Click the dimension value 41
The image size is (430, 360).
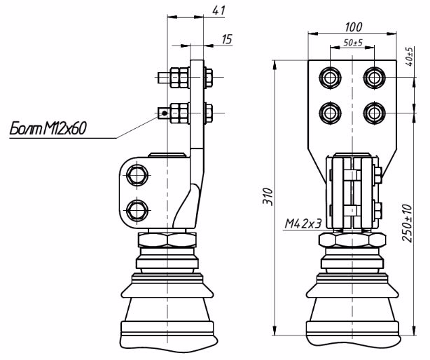coord(219,11)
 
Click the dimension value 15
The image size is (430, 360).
coord(226,40)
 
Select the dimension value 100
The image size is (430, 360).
coord(354,27)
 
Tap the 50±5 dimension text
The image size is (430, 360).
coord(353,44)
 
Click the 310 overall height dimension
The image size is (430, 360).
coord(267,199)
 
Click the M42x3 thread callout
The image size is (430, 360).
coord(303,224)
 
